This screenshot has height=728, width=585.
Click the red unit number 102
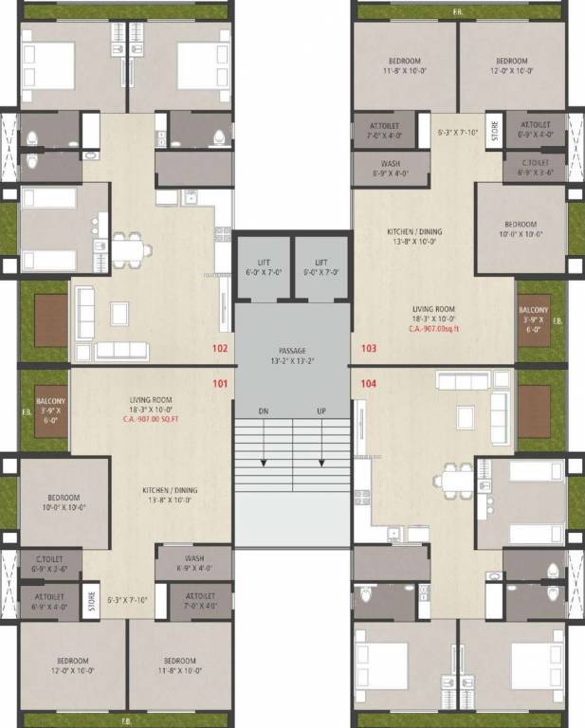click(x=220, y=348)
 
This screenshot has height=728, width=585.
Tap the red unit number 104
click(x=369, y=384)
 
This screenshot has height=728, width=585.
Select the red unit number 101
click(x=220, y=384)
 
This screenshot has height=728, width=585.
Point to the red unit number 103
click(x=369, y=348)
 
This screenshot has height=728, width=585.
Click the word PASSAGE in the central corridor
click(x=292, y=351)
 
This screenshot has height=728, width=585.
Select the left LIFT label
click(x=264, y=263)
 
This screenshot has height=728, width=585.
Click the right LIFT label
click(x=321, y=263)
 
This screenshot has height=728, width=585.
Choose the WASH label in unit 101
click(x=194, y=558)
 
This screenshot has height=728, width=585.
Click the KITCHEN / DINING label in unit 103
click(x=414, y=231)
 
